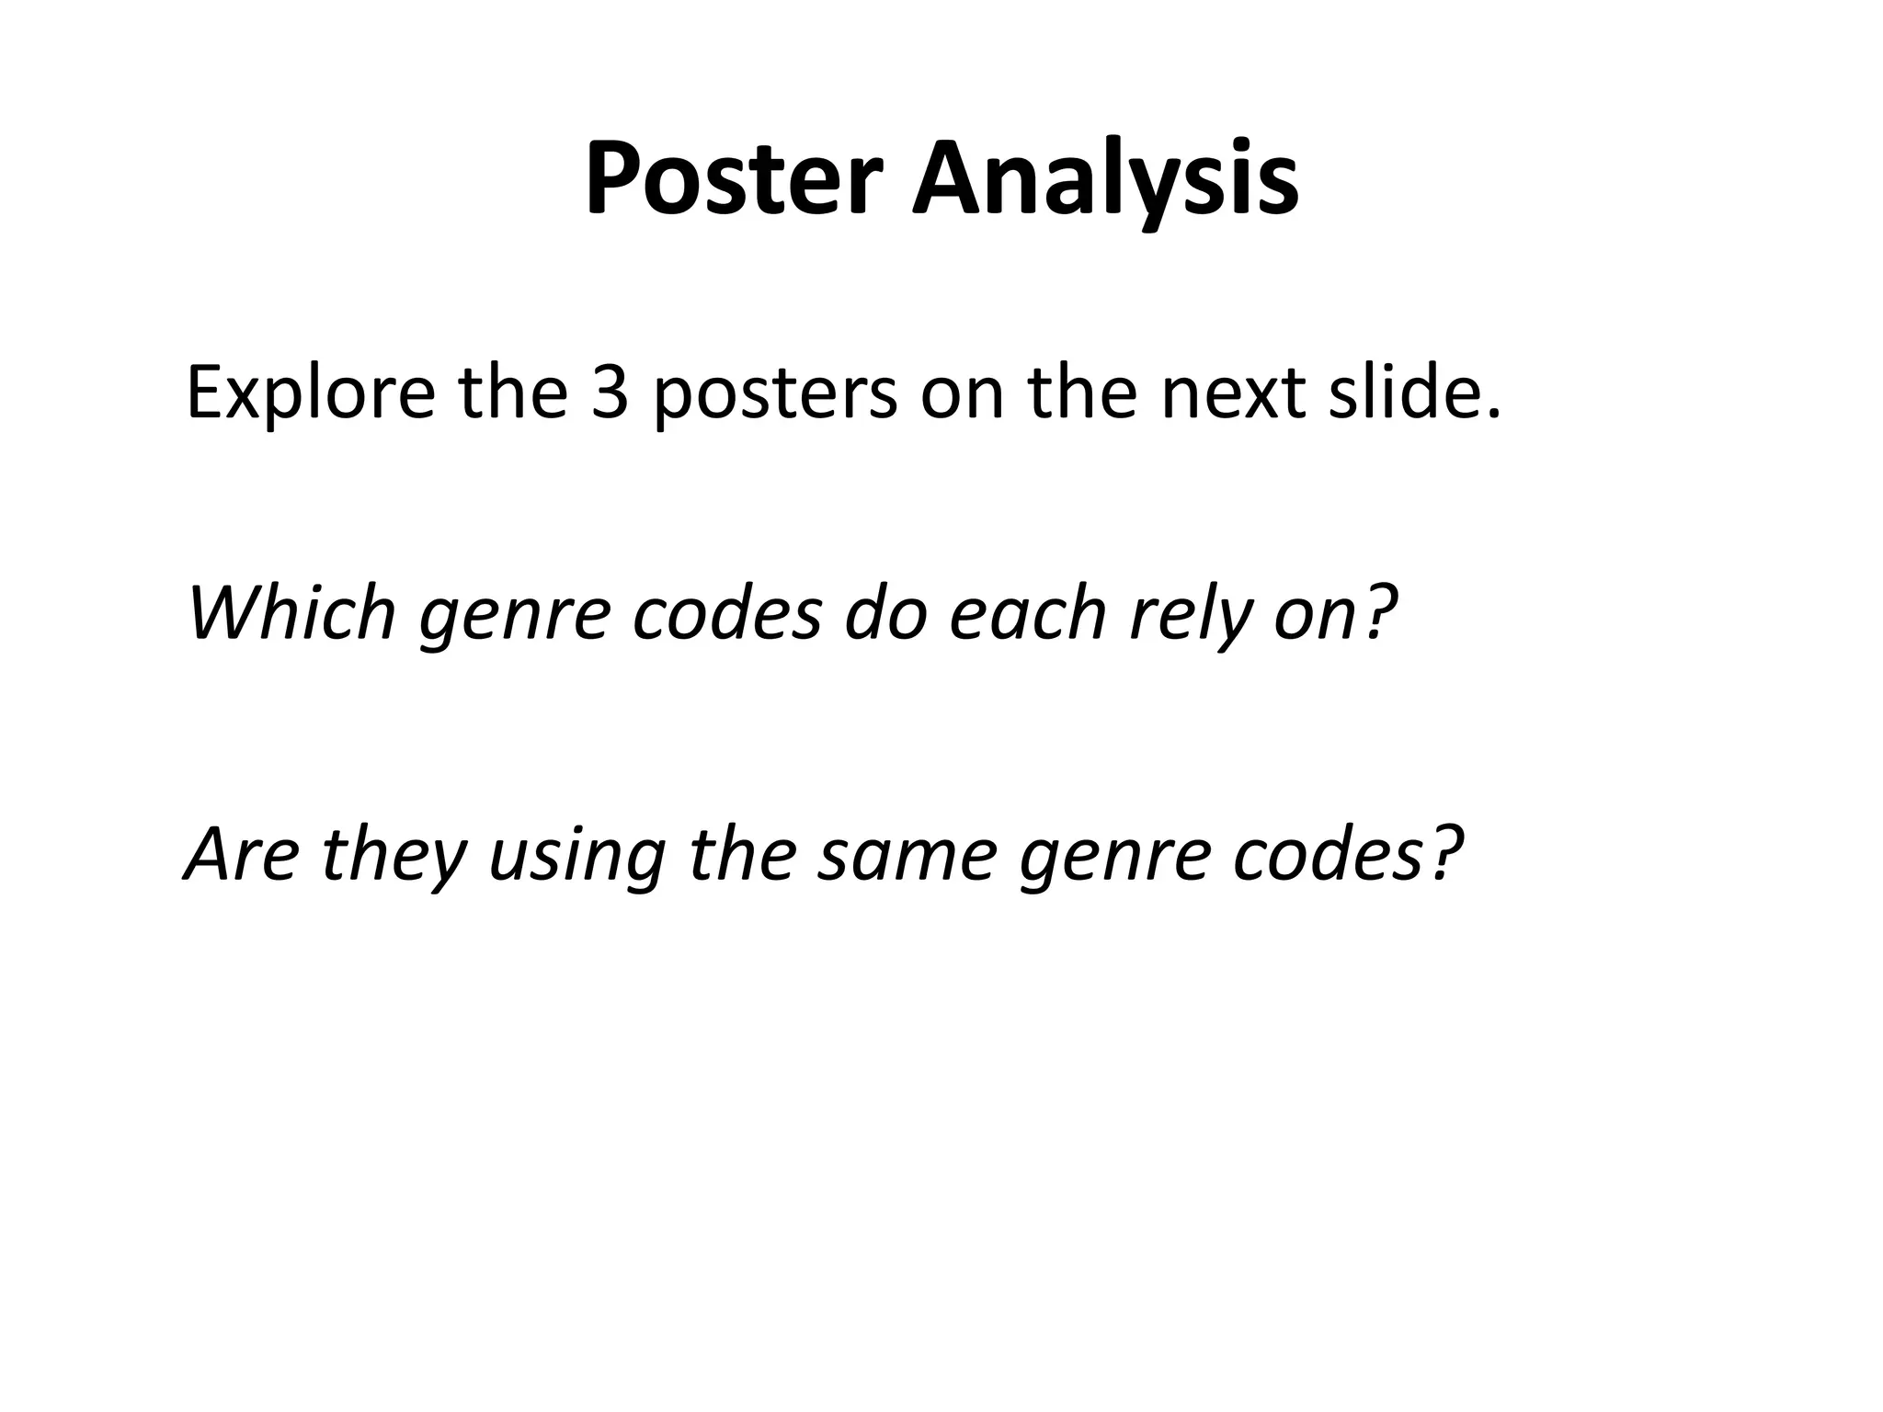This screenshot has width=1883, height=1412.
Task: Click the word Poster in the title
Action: click(x=733, y=179)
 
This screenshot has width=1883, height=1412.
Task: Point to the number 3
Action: click(x=609, y=393)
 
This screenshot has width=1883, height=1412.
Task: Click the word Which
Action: click(x=291, y=613)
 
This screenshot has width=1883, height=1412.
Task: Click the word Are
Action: click(x=242, y=855)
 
